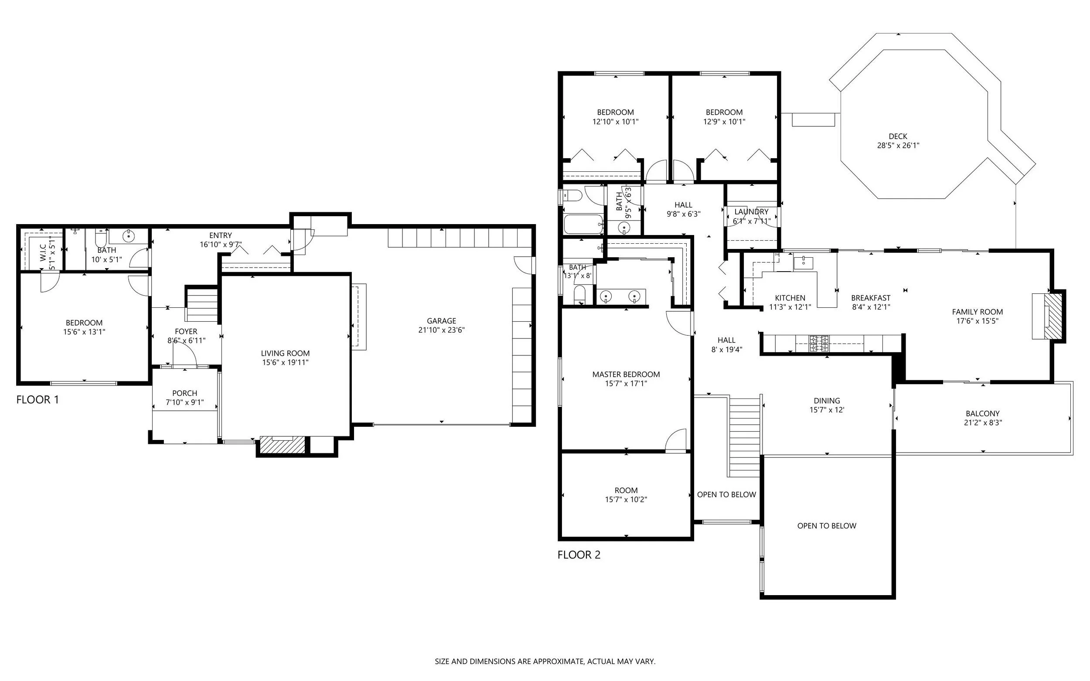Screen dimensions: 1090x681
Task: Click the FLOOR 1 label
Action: pyautogui.click(x=37, y=399)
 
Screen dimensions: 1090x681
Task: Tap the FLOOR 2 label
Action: pyautogui.click(x=579, y=555)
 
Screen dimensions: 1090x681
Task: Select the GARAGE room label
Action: pyautogui.click(x=441, y=321)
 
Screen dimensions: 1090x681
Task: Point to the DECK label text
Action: pyautogui.click(x=898, y=136)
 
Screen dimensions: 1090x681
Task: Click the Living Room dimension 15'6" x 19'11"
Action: pyautogui.click(x=285, y=362)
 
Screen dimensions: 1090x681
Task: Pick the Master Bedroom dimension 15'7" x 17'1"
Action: pyautogui.click(x=626, y=383)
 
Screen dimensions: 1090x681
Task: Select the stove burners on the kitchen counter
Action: pyautogui.click(x=819, y=344)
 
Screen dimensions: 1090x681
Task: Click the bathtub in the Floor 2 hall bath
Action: pyautogui.click(x=584, y=224)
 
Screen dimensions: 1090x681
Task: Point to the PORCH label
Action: pyautogui.click(x=185, y=393)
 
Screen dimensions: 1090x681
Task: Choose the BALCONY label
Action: pyautogui.click(x=983, y=413)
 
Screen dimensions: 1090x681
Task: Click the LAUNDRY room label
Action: pyautogui.click(x=751, y=212)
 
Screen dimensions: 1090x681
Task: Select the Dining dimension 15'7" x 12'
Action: pyautogui.click(x=827, y=410)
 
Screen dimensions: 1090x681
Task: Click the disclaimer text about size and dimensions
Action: pyautogui.click(x=545, y=662)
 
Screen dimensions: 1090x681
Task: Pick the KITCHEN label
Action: pyautogui.click(x=790, y=298)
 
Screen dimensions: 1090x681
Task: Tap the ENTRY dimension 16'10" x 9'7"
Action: pyautogui.click(x=221, y=245)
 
